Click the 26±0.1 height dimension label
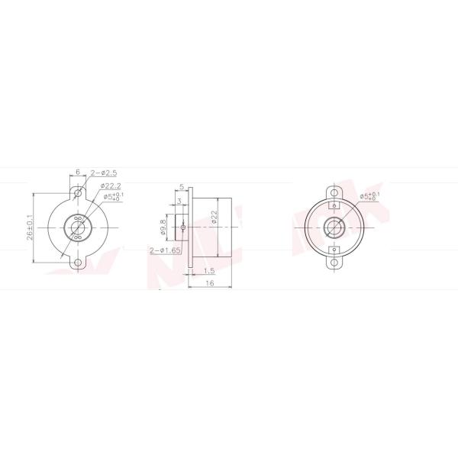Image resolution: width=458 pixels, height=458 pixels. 31,227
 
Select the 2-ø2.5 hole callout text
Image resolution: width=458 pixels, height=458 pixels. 103,174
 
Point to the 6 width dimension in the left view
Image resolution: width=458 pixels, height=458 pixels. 78,173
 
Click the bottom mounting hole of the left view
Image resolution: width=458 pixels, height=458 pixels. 78,263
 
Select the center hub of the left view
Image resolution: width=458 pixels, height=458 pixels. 78,227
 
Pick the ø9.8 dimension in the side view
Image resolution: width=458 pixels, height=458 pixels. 163,227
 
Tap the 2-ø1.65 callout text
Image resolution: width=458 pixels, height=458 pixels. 166,250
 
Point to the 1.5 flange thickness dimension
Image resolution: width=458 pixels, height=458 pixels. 208,270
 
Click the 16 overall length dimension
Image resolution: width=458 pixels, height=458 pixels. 208,283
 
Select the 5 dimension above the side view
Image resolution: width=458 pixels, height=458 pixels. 182,185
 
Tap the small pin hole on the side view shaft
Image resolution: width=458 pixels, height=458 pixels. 182,227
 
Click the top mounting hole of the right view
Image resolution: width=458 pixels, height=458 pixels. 334,191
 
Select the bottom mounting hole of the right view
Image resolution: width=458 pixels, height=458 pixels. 334,263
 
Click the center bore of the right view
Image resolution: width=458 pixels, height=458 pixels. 334,227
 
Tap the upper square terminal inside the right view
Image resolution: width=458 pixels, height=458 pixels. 334,205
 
